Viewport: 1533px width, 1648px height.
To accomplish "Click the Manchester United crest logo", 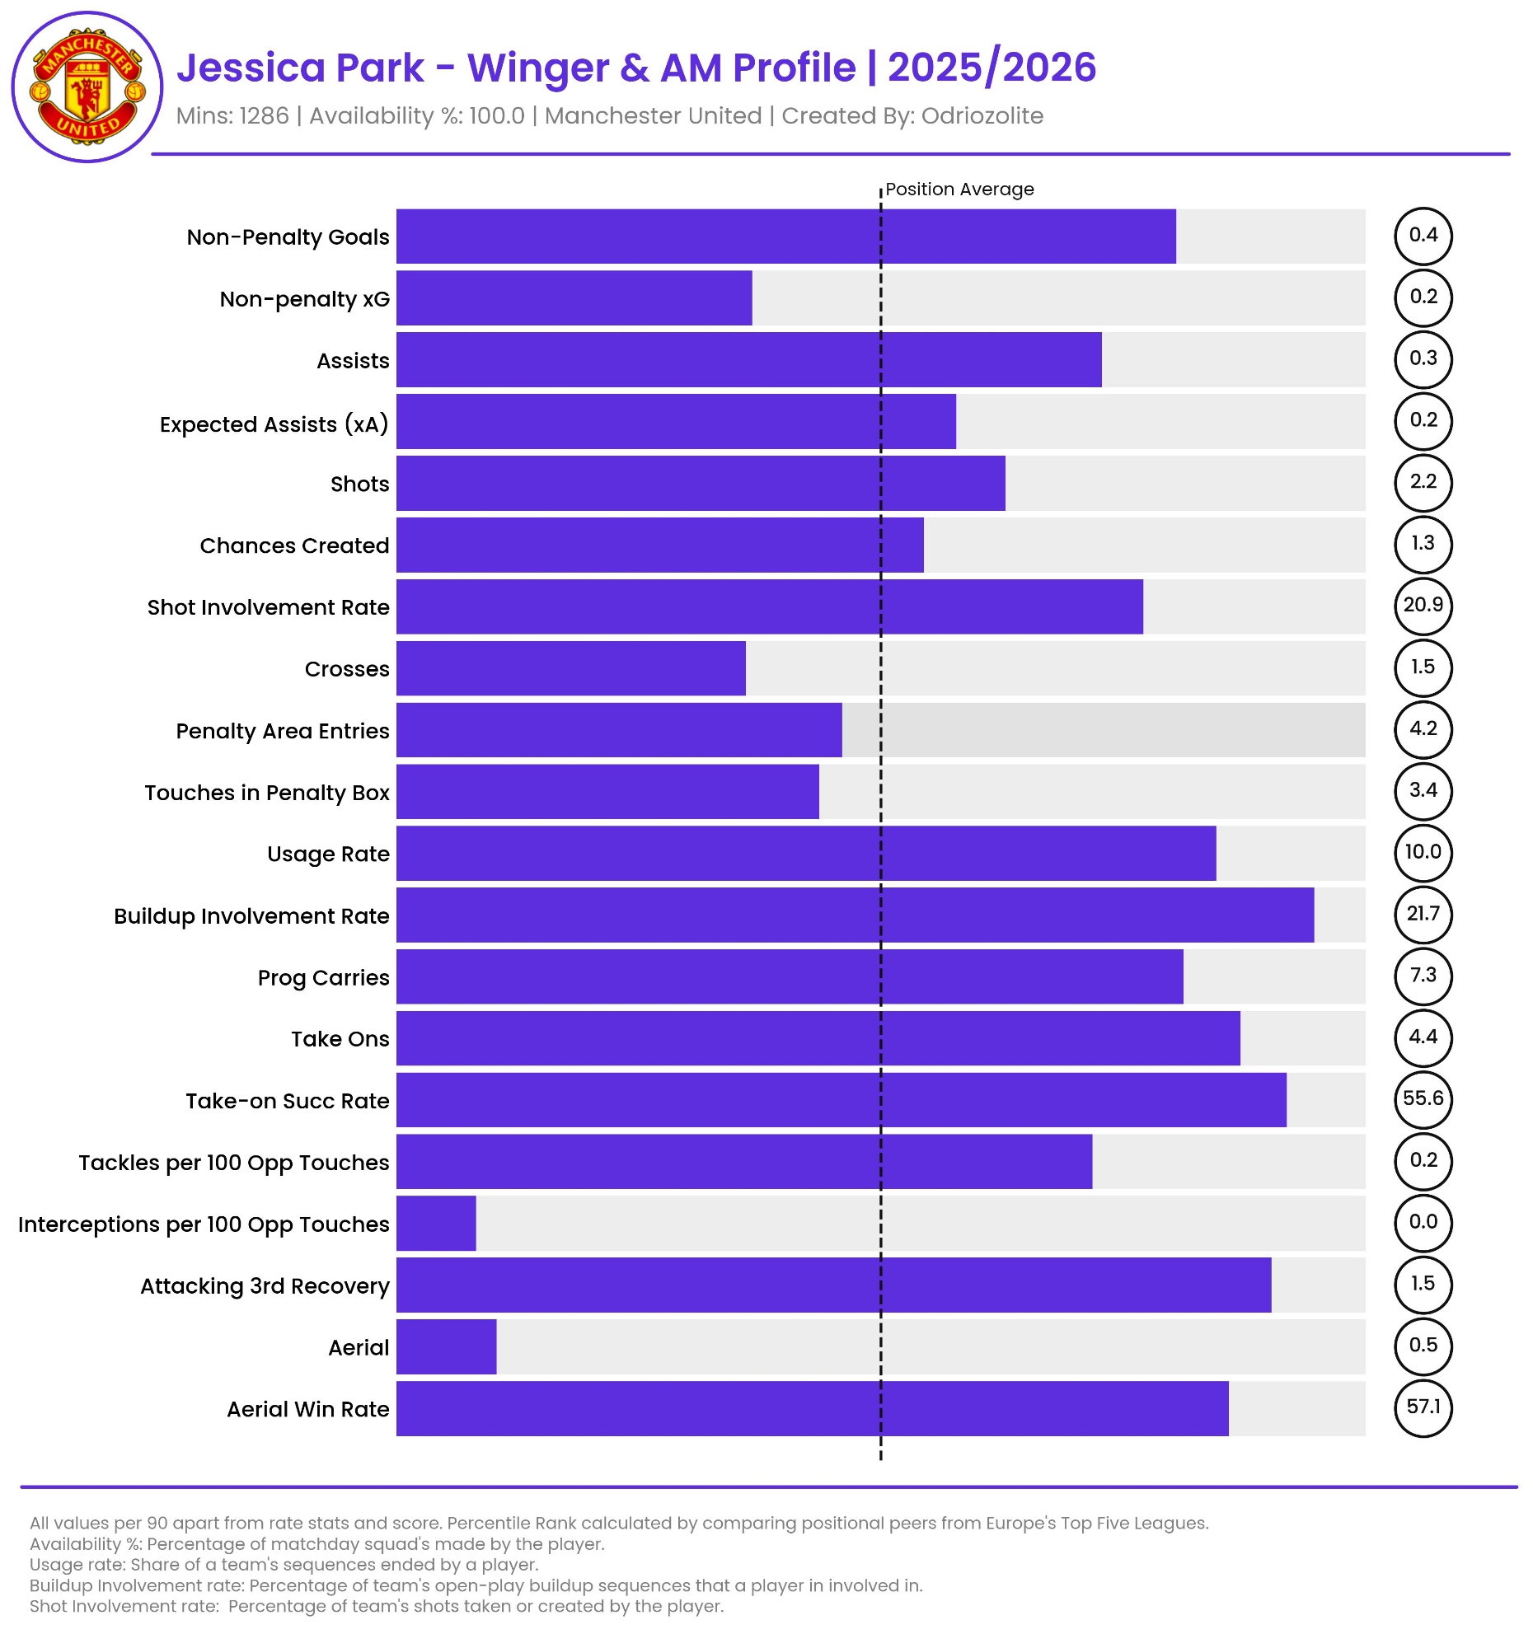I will [x=87, y=87].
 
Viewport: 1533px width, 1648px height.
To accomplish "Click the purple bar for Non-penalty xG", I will [x=574, y=297].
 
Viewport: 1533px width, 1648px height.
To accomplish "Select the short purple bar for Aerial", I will [x=446, y=1346].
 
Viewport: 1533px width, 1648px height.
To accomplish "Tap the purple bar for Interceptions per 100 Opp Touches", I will [x=436, y=1223].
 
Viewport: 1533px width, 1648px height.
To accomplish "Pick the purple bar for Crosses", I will [x=570, y=668].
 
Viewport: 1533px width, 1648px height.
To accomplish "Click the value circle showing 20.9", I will [x=1423, y=605].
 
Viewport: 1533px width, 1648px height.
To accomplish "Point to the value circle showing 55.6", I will [x=1423, y=1098].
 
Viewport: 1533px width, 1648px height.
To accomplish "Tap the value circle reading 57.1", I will [x=1423, y=1407].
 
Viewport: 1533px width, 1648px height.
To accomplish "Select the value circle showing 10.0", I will [x=1423, y=852].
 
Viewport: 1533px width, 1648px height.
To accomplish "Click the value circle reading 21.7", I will [x=1423, y=914].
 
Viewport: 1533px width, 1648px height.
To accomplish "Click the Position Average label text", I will [x=959, y=190].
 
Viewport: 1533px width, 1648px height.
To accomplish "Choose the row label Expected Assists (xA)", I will [x=274, y=424].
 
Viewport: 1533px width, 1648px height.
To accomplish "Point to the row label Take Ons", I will [x=340, y=1039].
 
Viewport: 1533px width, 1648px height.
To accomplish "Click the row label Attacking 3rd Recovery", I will [x=265, y=1285].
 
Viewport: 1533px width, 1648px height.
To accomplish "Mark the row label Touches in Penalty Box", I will [x=267, y=793].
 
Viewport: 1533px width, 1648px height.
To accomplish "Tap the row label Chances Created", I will [x=294, y=545].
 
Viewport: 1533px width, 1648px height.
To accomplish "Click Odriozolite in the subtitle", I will [x=982, y=116].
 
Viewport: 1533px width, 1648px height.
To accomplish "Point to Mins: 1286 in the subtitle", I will [x=232, y=116].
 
